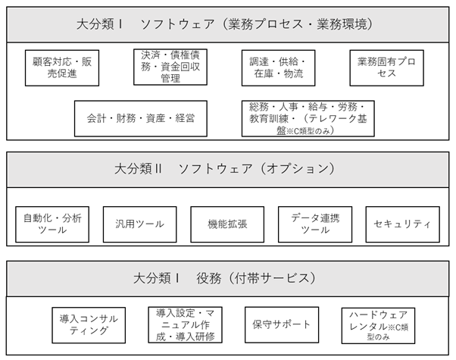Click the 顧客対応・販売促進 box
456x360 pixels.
coord(62,67)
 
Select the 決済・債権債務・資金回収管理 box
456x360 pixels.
coord(170,67)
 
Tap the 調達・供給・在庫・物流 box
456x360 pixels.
coord(278,67)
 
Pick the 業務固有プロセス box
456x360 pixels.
coord(386,67)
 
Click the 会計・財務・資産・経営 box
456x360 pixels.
coord(141,118)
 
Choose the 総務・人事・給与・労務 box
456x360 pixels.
coord(308,118)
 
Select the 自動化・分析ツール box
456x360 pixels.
coord(52,224)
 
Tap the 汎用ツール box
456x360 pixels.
coord(140,224)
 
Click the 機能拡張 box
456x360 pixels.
coord(227,224)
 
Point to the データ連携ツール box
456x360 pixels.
coord(315,224)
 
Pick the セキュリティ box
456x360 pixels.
coord(403,224)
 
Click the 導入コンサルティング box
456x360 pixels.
coord(89,325)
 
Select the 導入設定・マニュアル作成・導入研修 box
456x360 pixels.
coord(186,325)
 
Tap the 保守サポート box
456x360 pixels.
coord(282,325)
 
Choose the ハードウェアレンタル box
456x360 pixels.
coord(378,326)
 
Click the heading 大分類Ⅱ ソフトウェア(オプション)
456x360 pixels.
coord(224,169)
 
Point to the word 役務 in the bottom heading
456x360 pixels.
coord(209,278)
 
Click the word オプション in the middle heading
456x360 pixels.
coord(298,169)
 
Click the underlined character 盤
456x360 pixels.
coord(281,131)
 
